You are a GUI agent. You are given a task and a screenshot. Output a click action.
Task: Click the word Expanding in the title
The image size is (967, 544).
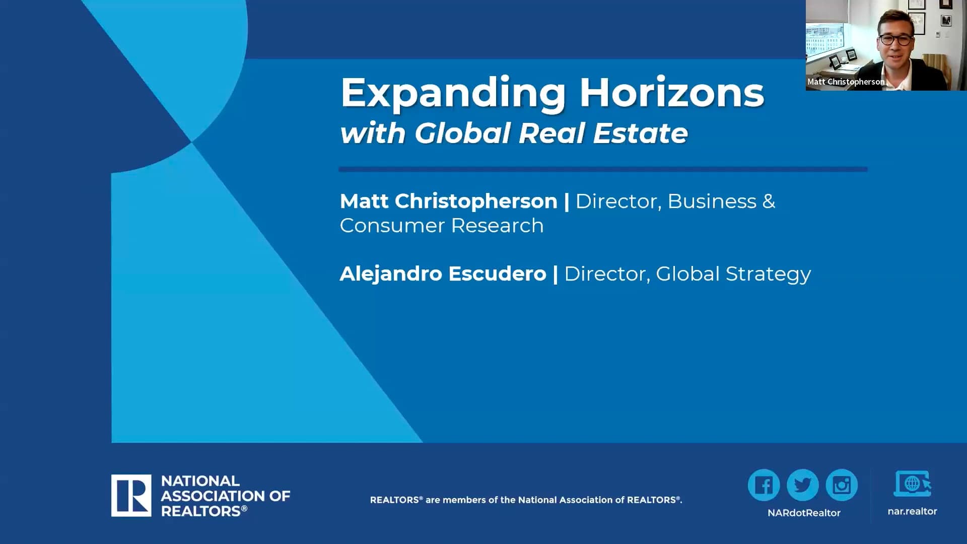(453, 94)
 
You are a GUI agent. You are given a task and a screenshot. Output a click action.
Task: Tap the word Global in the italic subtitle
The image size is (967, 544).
(463, 133)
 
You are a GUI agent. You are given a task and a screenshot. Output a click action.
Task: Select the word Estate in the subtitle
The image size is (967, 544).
(640, 133)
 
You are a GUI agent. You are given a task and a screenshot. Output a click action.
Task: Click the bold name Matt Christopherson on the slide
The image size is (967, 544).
(448, 201)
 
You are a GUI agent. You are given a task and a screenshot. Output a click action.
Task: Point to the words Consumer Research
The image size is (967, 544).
(442, 225)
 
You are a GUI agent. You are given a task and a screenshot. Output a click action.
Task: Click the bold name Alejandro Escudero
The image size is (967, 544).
(443, 274)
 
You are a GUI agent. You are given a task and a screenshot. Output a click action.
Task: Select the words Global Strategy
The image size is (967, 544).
(733, 274)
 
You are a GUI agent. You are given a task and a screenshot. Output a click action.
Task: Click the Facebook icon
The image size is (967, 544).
(764, 485)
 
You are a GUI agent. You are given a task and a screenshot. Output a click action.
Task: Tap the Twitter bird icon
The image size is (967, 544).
(803, 485)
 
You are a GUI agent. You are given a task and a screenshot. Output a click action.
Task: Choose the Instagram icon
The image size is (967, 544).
(842, 485)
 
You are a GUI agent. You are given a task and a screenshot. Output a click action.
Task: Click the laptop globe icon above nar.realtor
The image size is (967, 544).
(912, 484)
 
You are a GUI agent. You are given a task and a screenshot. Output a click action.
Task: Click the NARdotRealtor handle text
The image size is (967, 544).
(804, 513)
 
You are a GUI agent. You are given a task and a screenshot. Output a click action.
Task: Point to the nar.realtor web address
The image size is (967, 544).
(912, 511)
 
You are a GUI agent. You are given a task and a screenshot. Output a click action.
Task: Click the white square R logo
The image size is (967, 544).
(131, 496)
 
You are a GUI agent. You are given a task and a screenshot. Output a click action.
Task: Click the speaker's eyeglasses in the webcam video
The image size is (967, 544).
(896, 39)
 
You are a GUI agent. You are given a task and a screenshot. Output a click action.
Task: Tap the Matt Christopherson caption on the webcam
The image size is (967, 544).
(846, 82)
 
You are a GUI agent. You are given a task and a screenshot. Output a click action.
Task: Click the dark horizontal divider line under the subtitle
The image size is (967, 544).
(603, 169)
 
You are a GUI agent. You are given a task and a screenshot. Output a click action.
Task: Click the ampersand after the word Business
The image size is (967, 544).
(769, 201)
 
